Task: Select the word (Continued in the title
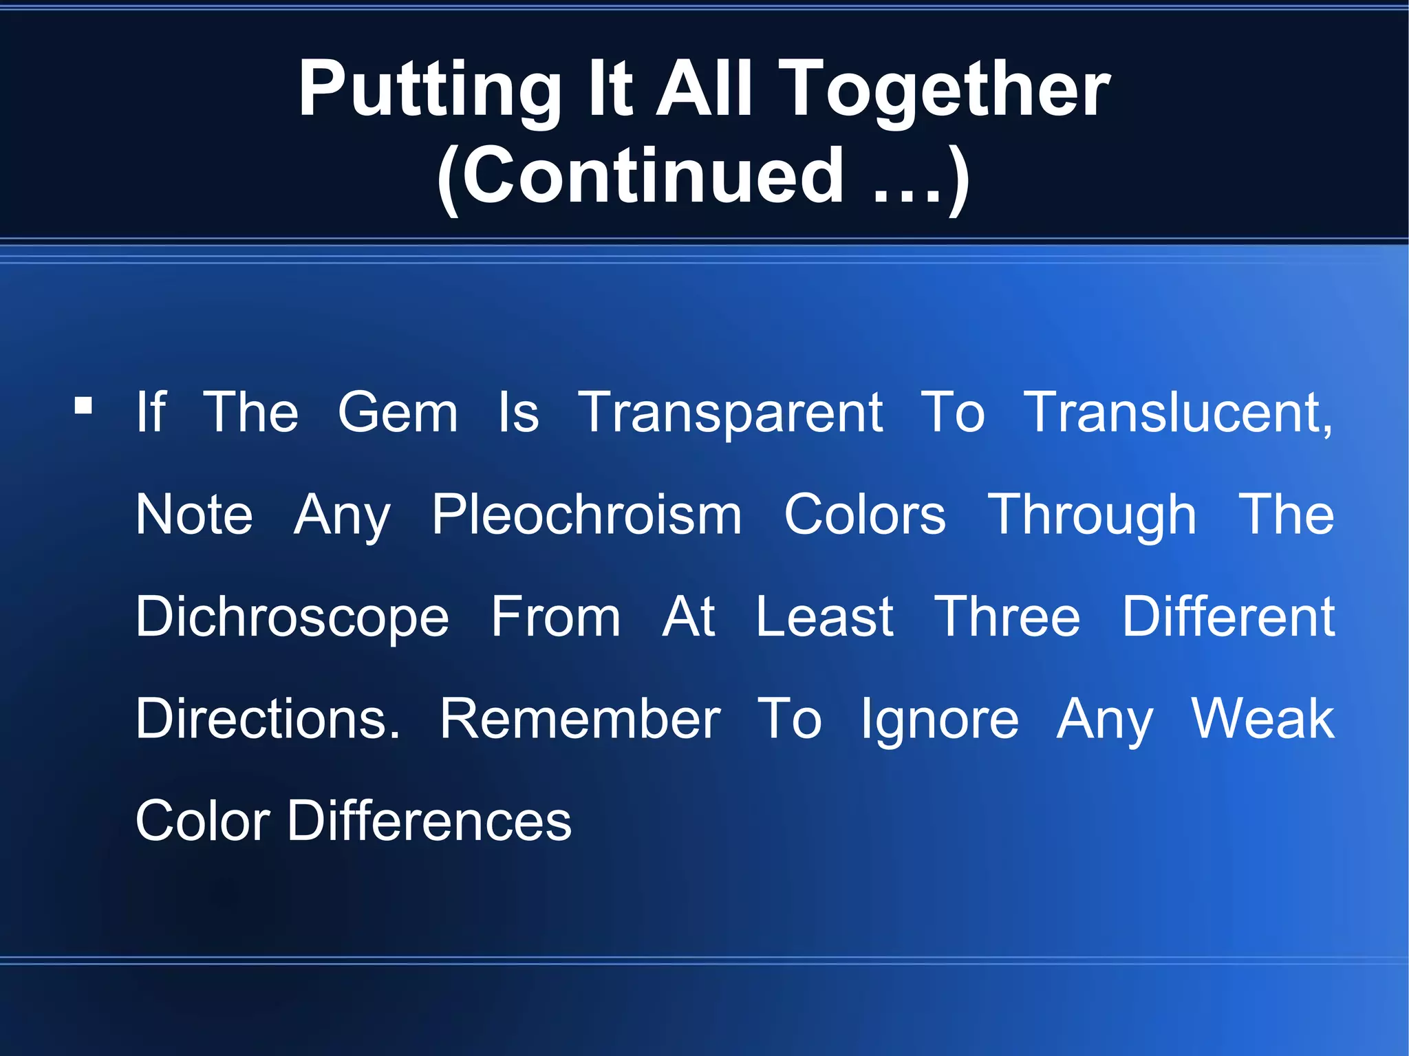tap(640, 177)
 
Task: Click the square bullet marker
tap(84, 405)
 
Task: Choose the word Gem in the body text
tap(398, 413)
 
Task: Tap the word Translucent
tap(1177, 413)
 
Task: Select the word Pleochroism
tap(587, 515)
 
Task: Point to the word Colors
tap(865, 515)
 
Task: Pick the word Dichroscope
tap(292, 618)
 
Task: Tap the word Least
tap(824, 617)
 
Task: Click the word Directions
tap(268, 720)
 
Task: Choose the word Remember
tap(580, 720)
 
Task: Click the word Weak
tap(1262, 720)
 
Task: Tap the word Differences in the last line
tap(429, 821)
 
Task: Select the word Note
tap(194, 515)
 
